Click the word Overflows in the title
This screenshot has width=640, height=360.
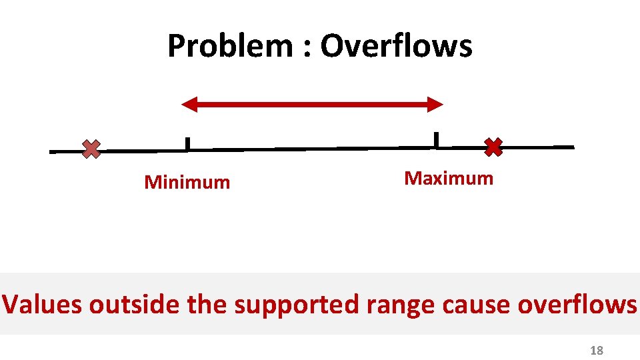point(397,47)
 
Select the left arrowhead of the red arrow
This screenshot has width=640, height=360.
point(190,103)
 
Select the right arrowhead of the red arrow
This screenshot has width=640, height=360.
point(434,103)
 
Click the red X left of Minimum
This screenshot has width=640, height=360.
point(91,149)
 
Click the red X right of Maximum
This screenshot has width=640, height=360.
point(493,147)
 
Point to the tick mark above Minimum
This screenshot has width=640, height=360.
point(187,143)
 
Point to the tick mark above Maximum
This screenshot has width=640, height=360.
point(436,139)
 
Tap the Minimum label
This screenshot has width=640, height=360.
point(187,182)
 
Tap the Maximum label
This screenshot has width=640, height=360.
point(449,178)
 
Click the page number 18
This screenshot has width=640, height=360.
point(597,351)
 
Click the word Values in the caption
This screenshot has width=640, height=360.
point(43,305)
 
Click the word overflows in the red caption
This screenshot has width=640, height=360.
point(577,305)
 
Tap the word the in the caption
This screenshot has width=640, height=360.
point(208,305)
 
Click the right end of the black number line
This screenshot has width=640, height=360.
point(571,147)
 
